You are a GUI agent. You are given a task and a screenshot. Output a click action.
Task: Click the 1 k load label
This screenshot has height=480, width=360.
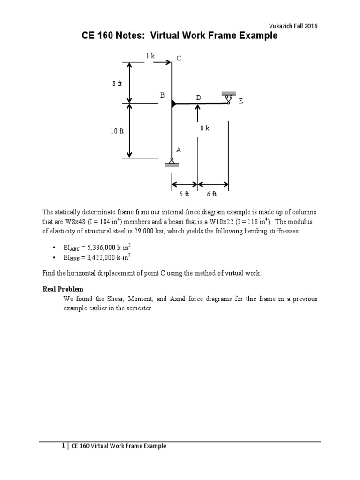(150, 56)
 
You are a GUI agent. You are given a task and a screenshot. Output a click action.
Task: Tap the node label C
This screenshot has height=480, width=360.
(179, 58)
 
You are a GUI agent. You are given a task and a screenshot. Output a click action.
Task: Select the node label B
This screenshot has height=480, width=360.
(163, 95)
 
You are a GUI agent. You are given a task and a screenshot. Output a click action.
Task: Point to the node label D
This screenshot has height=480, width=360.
(199, 97)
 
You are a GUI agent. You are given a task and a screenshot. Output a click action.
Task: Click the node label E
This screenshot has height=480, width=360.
(241, 101)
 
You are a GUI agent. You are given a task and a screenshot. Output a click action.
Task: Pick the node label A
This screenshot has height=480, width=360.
(179, 150)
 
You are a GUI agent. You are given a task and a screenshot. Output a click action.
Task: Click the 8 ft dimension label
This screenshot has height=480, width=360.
(117, 83)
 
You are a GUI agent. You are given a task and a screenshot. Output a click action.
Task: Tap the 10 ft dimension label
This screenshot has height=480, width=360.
(117, 131)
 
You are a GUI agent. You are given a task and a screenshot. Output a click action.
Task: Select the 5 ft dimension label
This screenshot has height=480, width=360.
(184, 194)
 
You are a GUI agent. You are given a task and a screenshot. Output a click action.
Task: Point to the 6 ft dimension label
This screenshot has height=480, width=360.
(211, 194)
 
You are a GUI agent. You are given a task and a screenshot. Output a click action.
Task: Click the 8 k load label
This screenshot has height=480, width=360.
(204, 128)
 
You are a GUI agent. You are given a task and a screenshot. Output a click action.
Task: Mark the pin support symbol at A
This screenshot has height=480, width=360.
(172, 163)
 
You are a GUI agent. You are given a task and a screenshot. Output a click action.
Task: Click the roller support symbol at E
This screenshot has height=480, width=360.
(229, 97)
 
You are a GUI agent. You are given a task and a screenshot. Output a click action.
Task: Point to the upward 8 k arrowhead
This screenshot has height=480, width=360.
(198, 107)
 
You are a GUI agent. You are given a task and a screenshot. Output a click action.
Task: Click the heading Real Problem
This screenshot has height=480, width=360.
(63, 289)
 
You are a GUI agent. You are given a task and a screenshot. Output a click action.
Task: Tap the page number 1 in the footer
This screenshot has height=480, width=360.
(63, 446)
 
